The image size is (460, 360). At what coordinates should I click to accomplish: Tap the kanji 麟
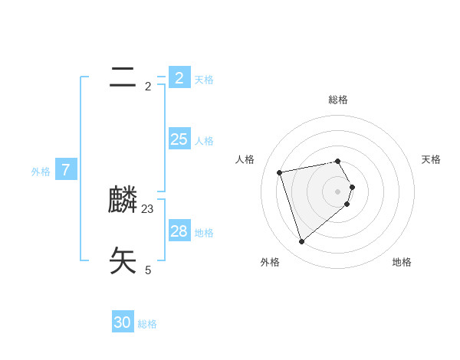point(123,201)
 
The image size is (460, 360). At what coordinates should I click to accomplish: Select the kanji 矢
point(123,261)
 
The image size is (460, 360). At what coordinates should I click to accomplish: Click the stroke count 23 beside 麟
point(148,208)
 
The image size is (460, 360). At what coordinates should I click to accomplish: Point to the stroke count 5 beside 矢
point(148,270)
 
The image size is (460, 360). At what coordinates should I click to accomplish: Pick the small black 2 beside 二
point(148,86)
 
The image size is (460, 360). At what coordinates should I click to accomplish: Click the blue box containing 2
point(179,78)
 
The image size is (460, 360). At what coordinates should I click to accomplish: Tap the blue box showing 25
point(179,139)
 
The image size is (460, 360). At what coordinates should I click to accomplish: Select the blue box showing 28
point(179,231)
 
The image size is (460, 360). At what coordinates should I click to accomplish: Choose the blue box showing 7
point(66,170)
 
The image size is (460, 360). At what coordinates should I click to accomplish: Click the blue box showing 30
point(123,322)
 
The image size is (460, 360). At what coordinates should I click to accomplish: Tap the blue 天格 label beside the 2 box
point(204,79)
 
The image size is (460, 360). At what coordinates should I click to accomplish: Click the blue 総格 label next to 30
point(147,324)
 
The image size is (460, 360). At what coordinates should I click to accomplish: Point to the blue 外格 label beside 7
point(41,172)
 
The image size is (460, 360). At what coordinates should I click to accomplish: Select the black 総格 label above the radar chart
point(338,100)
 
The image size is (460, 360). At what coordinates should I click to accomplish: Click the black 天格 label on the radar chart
point(431,159)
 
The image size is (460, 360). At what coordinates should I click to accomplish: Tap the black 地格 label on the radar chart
point(402,262)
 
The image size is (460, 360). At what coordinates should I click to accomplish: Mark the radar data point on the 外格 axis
point(301,242)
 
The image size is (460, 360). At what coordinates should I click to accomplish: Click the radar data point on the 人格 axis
point(280,172)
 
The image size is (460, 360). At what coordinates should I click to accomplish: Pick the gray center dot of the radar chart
point(338,191)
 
